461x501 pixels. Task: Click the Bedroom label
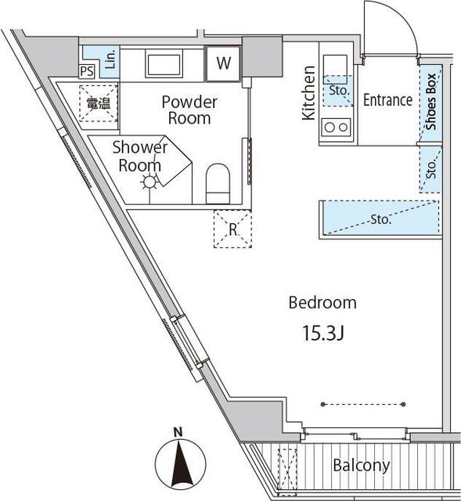click(322, 303)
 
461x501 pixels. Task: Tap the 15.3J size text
click(323, 333)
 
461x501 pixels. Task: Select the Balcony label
click(362, 465)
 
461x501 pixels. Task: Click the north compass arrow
click(180, 463)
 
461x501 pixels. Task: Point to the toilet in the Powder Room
click(218, 184)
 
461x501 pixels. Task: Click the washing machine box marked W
click(223, 63)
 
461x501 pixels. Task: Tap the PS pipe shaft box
click(87, 71)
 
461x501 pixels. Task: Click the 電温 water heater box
click(99, 103)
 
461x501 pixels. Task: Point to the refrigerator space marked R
click(232, 229)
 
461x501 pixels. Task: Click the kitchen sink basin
click(335, 66)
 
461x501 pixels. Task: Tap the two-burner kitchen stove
click(336, 128)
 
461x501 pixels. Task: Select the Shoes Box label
click(431, 102)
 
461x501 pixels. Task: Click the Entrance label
click(388, 100)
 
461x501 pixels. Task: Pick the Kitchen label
click(309, 93)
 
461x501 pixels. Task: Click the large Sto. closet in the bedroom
click(381, 218)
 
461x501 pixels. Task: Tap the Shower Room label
click(139, 157)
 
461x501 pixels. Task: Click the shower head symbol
click(149, 182)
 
